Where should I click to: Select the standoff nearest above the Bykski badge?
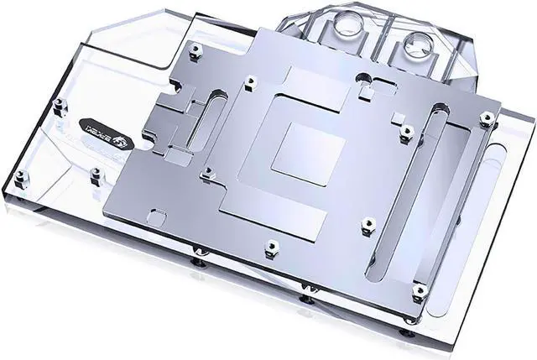click(x=58, y=107)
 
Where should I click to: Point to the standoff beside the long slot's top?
click(x=406, y=132)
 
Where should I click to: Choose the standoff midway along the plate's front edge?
click(x=270, y=248)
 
